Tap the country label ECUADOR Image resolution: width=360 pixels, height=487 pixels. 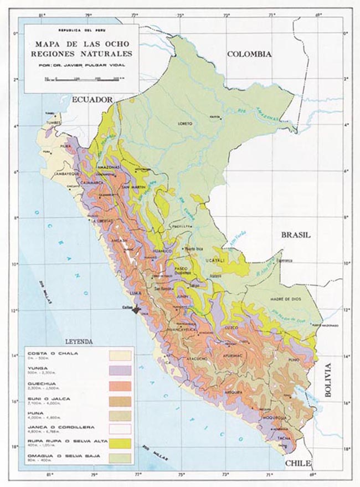(91, 99)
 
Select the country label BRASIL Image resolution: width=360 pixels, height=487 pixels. (295, 234)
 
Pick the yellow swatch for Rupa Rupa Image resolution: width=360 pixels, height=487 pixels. (120, 443)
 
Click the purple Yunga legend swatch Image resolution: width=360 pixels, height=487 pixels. (120, 370)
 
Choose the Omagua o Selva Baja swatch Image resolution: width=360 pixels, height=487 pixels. (120, 458)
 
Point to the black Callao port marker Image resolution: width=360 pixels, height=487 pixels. (137, 311)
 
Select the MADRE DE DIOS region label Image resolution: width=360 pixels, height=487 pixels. (285, 299)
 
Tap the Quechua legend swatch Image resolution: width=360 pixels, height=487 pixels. (120, 385)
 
